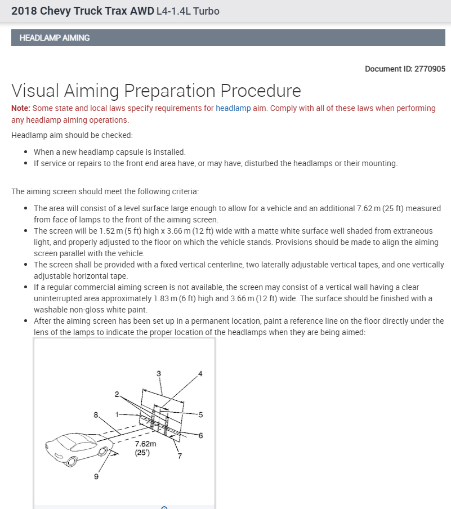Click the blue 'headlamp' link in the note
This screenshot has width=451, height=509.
(233, 108)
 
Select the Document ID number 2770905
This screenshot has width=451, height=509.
(430, 69)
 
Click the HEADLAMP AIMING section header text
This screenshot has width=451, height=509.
(55, 38)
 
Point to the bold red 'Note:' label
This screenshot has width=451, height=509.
(21, 108)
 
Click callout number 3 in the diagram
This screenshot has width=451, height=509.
(159, 373)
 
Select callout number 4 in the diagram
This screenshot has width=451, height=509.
(200, 373)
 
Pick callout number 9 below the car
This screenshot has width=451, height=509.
(96, 478)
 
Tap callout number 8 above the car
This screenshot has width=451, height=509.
(96, 415)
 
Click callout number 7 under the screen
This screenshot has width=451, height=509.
(180, 456)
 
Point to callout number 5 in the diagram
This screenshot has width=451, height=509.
(200, 414)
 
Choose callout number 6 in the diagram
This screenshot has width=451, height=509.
(200, 435)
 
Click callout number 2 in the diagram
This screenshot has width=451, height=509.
(117, 394)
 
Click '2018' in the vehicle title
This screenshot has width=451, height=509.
(24, 11)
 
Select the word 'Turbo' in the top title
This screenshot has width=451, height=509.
(206, 11)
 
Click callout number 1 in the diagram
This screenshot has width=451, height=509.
(117, 414)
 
